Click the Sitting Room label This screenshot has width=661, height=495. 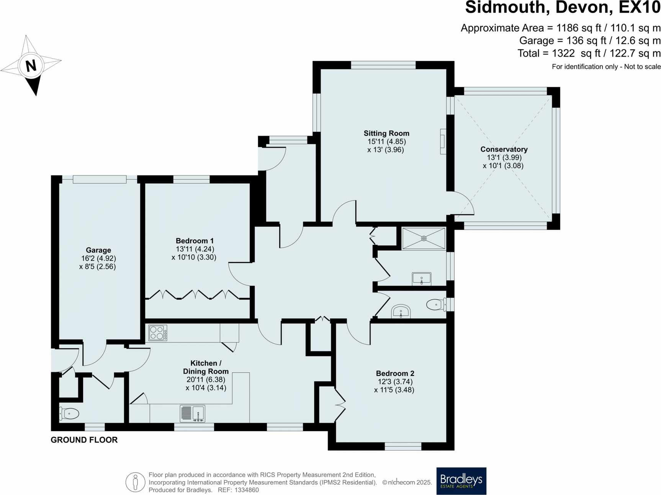pyautogui.click(x=386, y=133)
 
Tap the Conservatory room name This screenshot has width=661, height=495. pyautogui.click(x=504, y=149)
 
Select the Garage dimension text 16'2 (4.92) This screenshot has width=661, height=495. pyautogui.click(x=98, y=258)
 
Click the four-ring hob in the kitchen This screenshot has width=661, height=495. pyautogui.click(x=158, y=333)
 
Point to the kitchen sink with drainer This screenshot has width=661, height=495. pyautogui.click(x=193, y=413)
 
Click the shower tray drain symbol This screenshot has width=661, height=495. pyautogui.click(x=424, y=239)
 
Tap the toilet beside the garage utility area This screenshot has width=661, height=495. pyautogui.click(x=69, y=413)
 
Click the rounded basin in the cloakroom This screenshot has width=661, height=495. pyautogui.click(x=401, y=312)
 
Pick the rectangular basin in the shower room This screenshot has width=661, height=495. pyautogui.click(x=421, y=279)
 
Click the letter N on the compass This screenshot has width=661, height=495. pyautogui.click(x=31, y=65)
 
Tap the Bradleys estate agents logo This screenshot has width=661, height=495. pyautogui.click(x=461, y=481)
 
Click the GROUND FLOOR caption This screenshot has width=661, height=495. pyautogui.click(x=84, y=440)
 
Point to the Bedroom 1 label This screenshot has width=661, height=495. pyautogui.click(x=195, y=241)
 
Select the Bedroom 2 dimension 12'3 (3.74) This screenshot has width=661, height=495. pyautogui.click(x=395, y=382)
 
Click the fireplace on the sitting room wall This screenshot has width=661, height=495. pyautogui.click(x=443, y=141)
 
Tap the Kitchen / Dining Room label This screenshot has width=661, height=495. pyautogui.click(x=206, y=367)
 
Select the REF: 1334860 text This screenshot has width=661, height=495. pyautogui.click(x=238, y=490)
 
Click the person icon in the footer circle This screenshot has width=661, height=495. pyautogui.click(x=135, y=482)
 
